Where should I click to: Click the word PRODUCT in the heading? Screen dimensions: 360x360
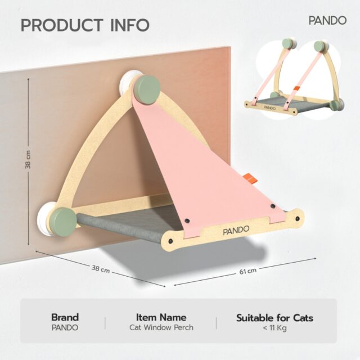[x=62, y=25]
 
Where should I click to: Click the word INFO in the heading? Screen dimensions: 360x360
[x=130, y=25]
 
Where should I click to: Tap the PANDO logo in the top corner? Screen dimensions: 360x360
[x=327, y=20]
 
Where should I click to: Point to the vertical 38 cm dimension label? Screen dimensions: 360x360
[x=28, y=160]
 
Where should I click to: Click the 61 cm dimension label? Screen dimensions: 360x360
[x=248, y=271]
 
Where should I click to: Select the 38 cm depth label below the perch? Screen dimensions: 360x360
[x=101, y=269]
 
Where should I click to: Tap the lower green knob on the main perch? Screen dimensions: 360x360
[x=63, y=220]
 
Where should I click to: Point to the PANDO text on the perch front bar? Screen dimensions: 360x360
[x=236, y=230]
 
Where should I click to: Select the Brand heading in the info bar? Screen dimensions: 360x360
[x=65, y=317]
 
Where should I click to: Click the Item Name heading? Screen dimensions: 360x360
[x=161, y=317]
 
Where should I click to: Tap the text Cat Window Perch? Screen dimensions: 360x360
[x=161, y=327]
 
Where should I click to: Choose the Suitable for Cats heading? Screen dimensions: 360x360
[x=274, y=318]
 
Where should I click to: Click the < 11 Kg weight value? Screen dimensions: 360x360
[x=275, y=328]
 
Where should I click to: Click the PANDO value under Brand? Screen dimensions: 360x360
[x=65, y=327]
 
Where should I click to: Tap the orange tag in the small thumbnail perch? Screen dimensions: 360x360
[x=296, y=88]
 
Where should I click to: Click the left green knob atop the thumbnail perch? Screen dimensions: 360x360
[x=287, y=44]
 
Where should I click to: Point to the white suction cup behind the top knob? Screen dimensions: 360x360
[x=128, y=82]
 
